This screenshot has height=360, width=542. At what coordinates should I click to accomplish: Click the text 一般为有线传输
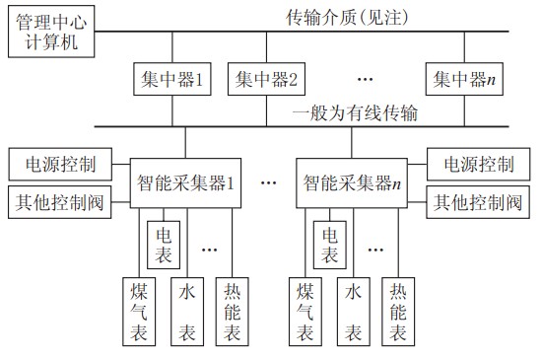click(356, 114)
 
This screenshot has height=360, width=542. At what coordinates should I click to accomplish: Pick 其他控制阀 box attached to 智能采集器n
click(478, 203)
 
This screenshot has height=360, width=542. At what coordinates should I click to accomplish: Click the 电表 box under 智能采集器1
click(164, 245)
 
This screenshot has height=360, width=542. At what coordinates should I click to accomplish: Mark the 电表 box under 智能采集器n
click(329, 245)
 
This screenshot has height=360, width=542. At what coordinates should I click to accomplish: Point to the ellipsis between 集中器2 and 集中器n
click(366, 78)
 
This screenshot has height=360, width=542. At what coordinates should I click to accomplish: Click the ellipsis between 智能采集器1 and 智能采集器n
click(269, 182)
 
